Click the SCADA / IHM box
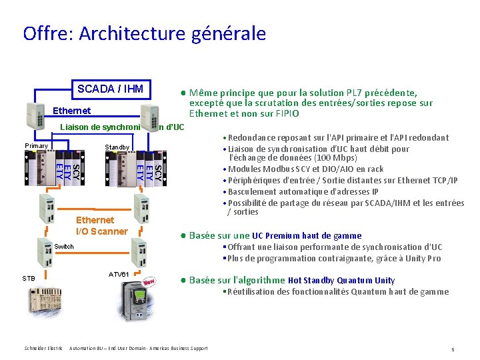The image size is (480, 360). [112, 89]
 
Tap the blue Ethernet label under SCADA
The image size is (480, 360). [71, 110]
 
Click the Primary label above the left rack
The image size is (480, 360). [36, 146]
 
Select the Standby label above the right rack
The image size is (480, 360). [117, 147]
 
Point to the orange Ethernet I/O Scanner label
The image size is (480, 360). [101, 225]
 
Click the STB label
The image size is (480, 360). [29, 278]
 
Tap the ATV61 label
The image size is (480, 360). [119, 275]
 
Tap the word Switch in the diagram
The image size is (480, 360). [64, 247]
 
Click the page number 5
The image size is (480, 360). [452, 349]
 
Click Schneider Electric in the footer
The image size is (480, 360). [43, 348]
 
